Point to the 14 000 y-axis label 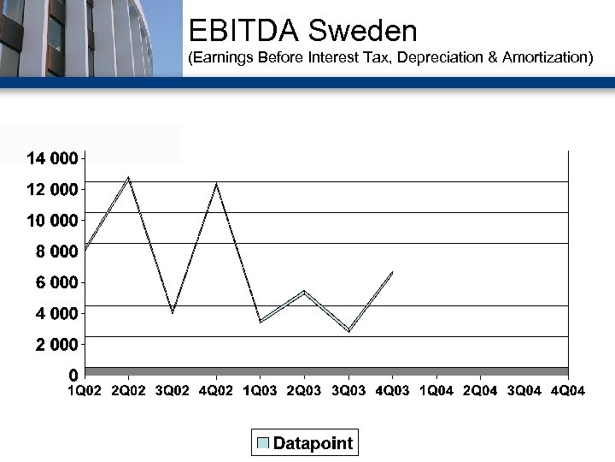52,158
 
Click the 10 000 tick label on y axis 52,221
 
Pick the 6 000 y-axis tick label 57,282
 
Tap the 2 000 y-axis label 57,345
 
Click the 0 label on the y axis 73,376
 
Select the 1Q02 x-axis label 85,391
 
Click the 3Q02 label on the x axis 173,391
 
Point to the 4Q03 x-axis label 392,391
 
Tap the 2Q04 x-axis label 480,391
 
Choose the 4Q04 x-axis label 568,391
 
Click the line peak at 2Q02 128,178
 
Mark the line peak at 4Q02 216,184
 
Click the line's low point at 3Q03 348,330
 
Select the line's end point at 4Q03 392,272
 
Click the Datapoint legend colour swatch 263,443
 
